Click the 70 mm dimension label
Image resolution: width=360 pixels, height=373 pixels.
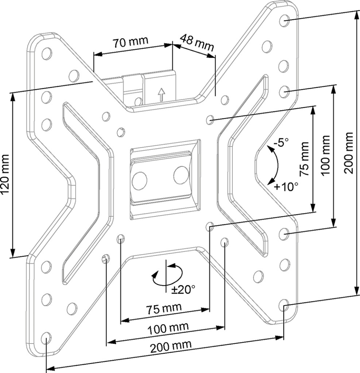point(130,42)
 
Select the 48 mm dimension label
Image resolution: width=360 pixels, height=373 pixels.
point(197,43)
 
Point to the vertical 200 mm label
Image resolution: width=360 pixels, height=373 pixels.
point(349,153)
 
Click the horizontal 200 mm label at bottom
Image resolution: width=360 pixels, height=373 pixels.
point(171,347)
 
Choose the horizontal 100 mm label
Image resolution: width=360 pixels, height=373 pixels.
point(168,329)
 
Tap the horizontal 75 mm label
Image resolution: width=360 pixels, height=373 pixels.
point(164,308)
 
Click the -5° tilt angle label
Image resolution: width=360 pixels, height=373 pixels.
point(281,143)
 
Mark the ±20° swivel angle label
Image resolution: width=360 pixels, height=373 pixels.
point(183,290)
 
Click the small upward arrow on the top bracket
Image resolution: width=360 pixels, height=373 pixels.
point(162,94)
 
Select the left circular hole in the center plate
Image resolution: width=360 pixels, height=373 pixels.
point(139,180)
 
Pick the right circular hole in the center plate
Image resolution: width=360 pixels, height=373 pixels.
point(181,175)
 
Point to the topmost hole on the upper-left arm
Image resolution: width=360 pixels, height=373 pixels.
point(47,54)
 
